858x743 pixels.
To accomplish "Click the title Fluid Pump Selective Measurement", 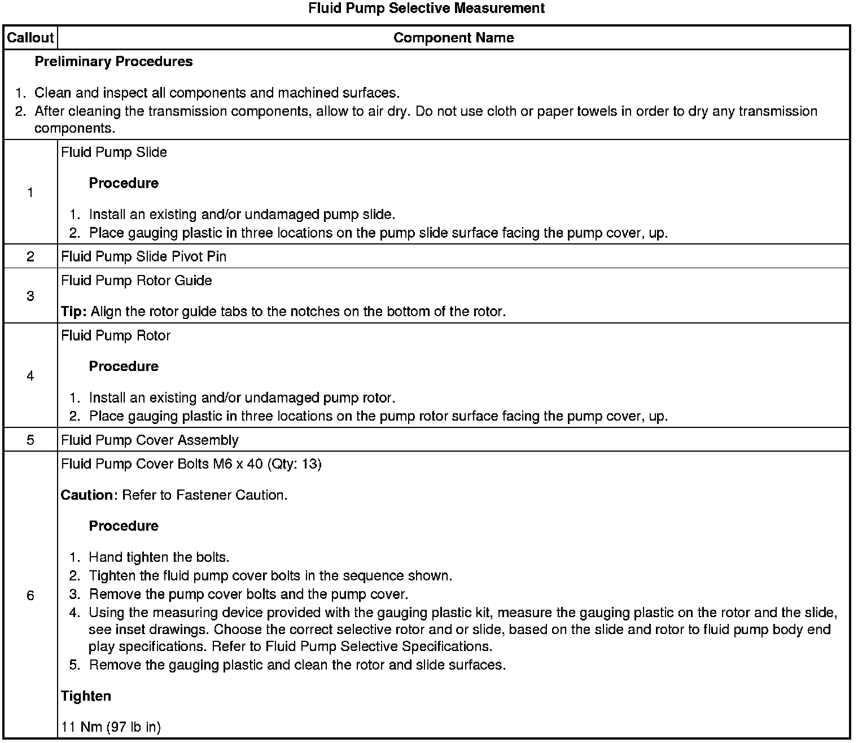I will pos(427,8).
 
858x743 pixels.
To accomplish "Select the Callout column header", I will pos(30,38).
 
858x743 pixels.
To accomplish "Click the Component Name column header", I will pos(453,38).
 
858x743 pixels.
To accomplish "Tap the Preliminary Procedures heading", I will pos(113,62).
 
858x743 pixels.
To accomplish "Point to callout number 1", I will pos(30,193).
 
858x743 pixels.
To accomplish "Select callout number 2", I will pos(30,256).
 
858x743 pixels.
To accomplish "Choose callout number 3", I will pos(30,296).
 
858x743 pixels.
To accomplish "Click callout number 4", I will pos(30,376).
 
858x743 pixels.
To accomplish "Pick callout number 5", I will pos(30,440).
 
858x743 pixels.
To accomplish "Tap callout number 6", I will pos(30,596).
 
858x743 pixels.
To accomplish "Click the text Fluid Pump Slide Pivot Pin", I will pos(143,256).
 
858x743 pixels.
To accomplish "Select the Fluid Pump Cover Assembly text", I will pos(150,440).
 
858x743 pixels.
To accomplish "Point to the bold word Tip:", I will pos(74,312).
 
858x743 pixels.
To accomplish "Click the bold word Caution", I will pos(87,495).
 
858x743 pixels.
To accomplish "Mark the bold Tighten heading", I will pos(86,696).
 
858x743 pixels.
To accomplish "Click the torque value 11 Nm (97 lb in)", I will pos(111,727).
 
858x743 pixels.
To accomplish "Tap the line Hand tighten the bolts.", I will pos(159,557).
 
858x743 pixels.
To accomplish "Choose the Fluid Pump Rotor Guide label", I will pos(136,281).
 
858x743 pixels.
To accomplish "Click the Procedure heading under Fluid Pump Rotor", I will pos(124,366).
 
